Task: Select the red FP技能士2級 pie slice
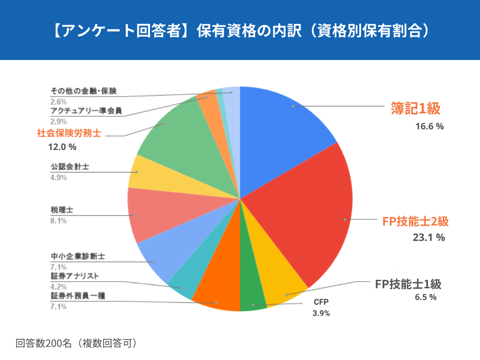(309, 211)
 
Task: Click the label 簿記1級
(416, 109)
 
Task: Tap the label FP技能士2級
(412, 222)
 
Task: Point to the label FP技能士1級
(408, 284)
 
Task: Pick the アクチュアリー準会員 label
(86, 111)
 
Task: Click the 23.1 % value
(428, 237)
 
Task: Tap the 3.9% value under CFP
(321, 313)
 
